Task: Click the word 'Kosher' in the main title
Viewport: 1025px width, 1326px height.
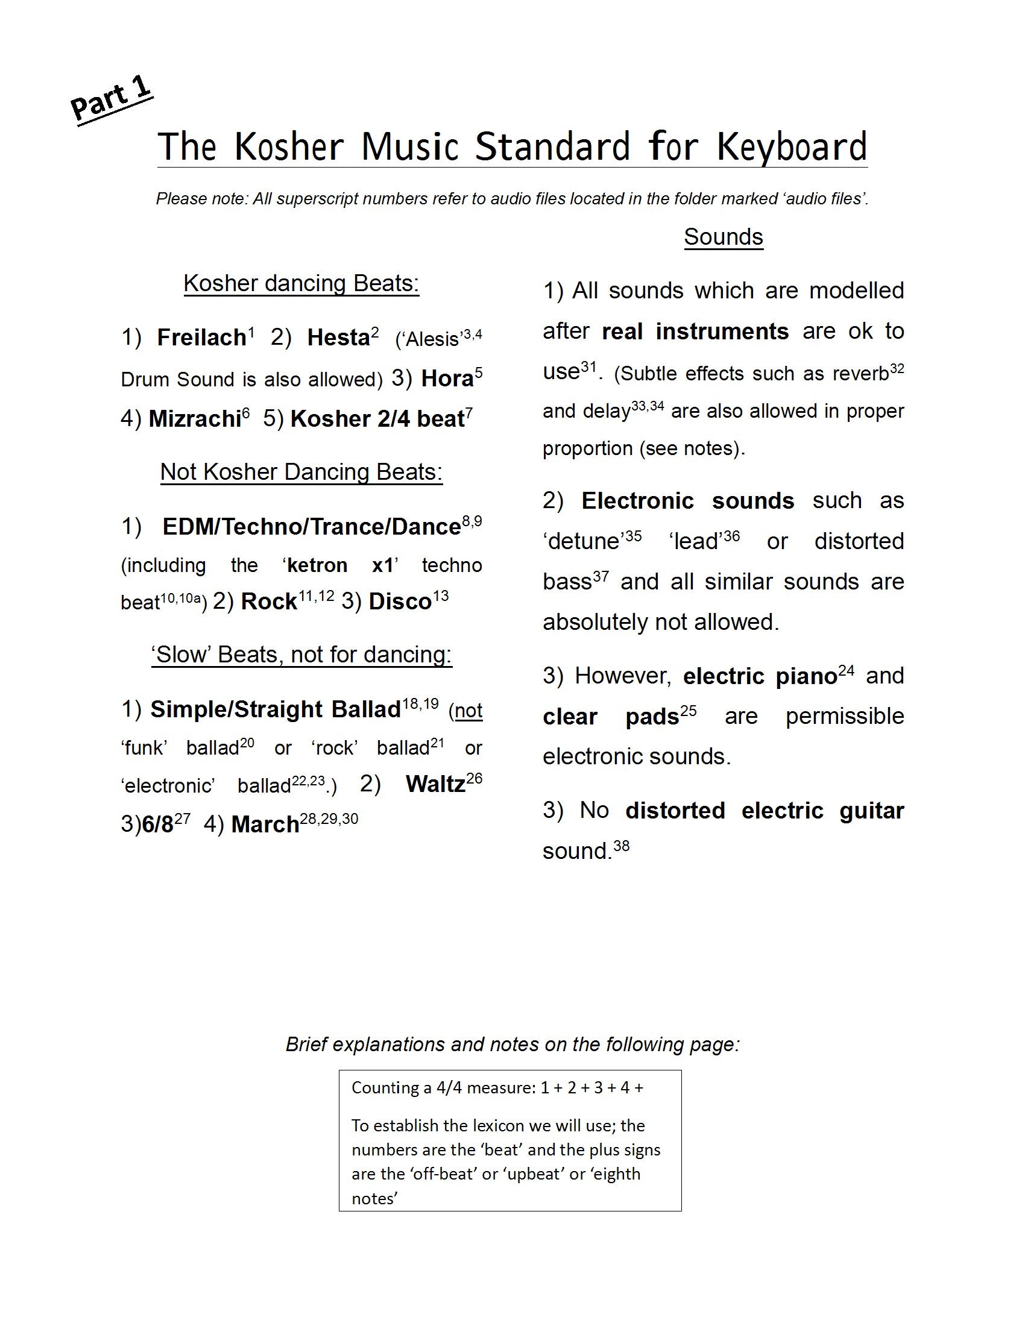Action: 288,147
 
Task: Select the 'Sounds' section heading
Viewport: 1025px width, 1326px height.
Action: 722,237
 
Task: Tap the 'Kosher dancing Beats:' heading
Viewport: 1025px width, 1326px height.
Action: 301,283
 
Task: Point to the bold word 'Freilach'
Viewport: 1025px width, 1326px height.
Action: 201,338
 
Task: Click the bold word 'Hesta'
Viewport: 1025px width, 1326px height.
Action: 338,338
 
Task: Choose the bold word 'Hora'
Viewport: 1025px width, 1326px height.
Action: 447,379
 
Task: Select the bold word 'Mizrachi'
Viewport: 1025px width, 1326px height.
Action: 195,419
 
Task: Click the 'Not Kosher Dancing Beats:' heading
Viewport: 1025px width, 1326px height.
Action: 301,472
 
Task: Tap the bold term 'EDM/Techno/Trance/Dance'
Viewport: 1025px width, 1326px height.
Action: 312,527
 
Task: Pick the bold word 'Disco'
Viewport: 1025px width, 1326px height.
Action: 400,602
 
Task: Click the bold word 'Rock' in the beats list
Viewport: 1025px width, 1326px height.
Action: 268,602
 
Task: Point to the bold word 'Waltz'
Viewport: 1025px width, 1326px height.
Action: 435,784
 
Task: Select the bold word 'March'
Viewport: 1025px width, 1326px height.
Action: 265,825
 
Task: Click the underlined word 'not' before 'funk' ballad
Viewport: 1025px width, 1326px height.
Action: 468,711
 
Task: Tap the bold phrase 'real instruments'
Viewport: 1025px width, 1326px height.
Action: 695,331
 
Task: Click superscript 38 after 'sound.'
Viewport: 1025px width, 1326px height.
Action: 621,844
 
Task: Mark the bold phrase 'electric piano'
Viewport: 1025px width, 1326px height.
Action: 760,676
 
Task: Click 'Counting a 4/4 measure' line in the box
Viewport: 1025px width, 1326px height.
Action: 497,1087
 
